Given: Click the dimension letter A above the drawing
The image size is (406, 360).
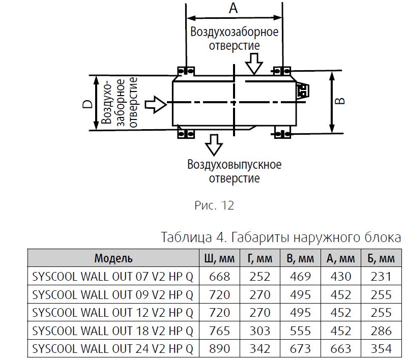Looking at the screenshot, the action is click(x=234, y=8).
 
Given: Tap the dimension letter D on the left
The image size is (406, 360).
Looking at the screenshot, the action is click(x=88, y=104).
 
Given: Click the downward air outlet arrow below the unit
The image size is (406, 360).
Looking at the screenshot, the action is click(x=214, y=145).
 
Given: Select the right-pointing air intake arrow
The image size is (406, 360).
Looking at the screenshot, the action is click(x=155, y=104).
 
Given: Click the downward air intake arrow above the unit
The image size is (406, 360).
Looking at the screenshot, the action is click(x=254, y=64).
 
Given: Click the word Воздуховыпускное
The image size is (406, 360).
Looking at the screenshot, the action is click(x=235, y=165).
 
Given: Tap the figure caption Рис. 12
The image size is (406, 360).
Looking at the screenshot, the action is click(x=214, y=205).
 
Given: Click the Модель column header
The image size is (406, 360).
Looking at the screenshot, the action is click(x=113, y=258).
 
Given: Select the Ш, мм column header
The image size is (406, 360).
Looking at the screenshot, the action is click(x=220, y=258).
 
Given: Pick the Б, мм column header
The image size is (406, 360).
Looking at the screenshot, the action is click(x=381, y=258).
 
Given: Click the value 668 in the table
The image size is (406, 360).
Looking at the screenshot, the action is click(x=220, y=277).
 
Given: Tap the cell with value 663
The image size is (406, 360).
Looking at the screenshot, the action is click(x=341, y=349).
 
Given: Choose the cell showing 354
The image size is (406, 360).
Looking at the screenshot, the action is click(x=381, y=349).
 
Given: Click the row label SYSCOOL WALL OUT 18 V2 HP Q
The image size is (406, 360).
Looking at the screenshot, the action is click(x=112, y=331).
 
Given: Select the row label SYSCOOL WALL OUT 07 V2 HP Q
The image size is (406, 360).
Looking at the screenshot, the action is click(x=112, y=277).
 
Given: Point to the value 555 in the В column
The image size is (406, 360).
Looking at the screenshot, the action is click(x=300, y=331).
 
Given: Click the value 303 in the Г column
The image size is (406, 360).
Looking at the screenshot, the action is click(x=260, y=331).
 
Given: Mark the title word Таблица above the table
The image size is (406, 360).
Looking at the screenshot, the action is click(x=186, y=237).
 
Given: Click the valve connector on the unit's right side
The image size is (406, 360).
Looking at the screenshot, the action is click(x=302, y=91).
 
